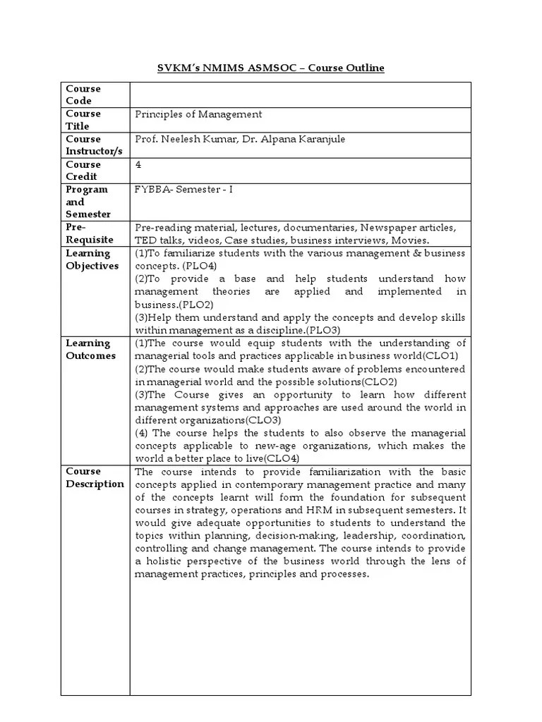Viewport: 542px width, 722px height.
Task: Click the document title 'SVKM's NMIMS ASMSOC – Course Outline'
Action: (270, 68)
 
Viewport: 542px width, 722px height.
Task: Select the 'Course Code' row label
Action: (83, 94)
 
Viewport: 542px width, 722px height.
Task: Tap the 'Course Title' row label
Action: (83, 120)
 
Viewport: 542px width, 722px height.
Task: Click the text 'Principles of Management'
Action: (198, 114)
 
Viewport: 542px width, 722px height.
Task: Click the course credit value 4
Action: (138, 164)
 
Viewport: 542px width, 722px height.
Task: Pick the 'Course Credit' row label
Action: (83, 170)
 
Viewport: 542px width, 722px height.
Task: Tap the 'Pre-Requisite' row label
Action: (84, 234)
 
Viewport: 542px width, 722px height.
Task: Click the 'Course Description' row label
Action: (94, 477)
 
